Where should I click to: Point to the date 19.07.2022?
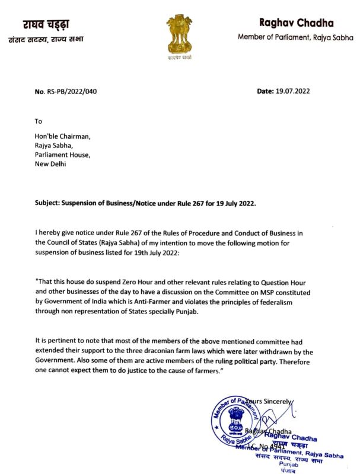[x=292, y=91]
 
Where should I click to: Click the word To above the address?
[x=39, y=121]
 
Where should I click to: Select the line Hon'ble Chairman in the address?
[x=62, y=136]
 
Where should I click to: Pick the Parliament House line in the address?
[x=62, y=155]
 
